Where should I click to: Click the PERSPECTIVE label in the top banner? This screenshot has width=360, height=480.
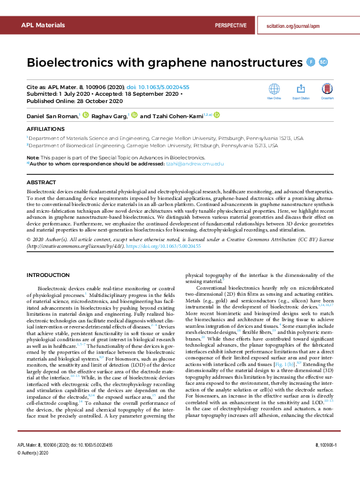point(230,25)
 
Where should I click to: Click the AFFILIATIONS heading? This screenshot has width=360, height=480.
point(45,129)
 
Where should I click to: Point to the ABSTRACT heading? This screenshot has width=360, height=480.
point(41,181)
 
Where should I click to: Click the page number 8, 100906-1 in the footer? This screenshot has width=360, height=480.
point(329,462)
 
